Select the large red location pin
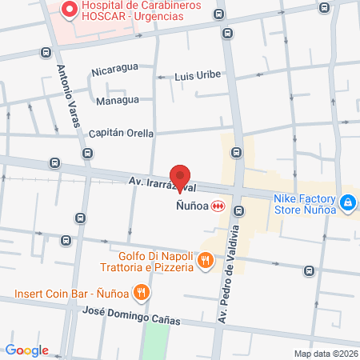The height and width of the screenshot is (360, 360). [181, 175]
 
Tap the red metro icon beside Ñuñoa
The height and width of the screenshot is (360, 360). [218, 206]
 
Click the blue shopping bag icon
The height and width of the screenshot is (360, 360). [348, 204]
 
